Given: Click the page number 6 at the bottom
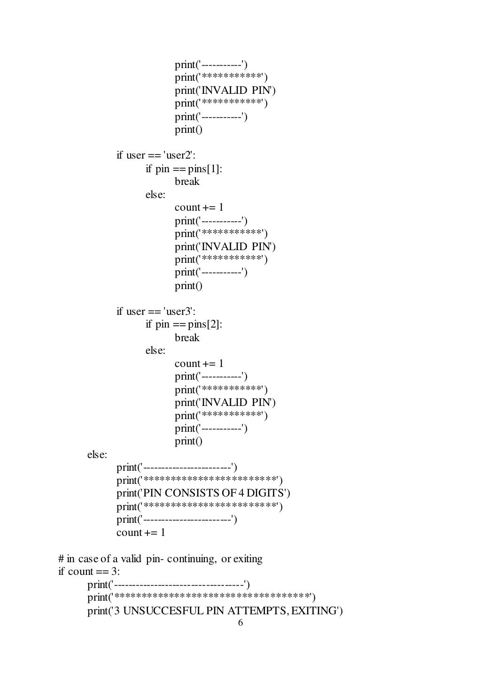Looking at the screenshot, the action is pyautogui.click(x=240, y=623).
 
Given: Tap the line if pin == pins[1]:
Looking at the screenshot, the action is pyautogui.click(x=184, y=168).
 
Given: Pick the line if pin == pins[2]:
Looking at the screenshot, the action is pyautogui.click(x=184, y=324).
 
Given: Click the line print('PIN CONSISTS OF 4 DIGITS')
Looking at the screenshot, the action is pyautogui.click(x=203, y=493).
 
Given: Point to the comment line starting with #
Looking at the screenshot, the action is pyautogui.click(x=160, y=559).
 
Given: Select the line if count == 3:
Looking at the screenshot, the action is pyautogui.click(x=89, y=572).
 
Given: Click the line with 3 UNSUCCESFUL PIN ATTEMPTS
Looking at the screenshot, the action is pyautogui.click(x=215, y=611).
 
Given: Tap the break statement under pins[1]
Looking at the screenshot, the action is pyautogui.click(x=187, y=182).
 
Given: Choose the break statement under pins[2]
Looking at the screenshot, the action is pyautogui.click(x=187, y=338).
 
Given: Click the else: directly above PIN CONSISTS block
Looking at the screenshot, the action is pyautogui.click(x=97, y=455).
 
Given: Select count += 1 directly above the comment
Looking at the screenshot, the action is pyautogui.click(x=141, y=533).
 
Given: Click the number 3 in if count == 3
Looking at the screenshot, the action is pyautogui.click(x=115, y=572).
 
